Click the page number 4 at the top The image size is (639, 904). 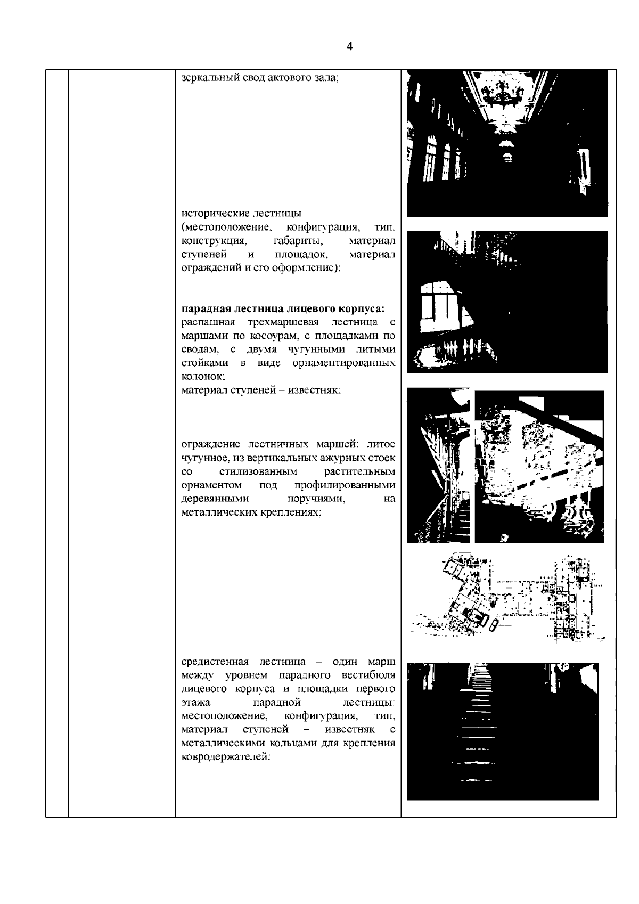point(349,47)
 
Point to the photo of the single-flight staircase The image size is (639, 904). point(502,731)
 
